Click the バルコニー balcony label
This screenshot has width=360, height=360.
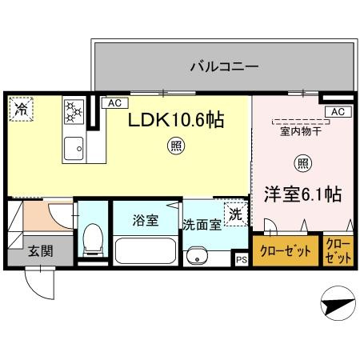(x=223, y=66)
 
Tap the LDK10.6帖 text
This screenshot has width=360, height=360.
(x=177, y=120)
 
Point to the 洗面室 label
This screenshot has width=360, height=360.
(x=202, y=225)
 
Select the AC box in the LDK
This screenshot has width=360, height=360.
(x=114, y=102)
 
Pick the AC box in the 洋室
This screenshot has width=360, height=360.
(x=337, y=111)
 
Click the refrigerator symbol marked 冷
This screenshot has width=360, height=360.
(x=21, y=108)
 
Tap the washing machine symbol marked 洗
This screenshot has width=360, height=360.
(x=234, y=214)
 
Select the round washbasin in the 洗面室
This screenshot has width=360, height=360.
(x=195, y=258)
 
